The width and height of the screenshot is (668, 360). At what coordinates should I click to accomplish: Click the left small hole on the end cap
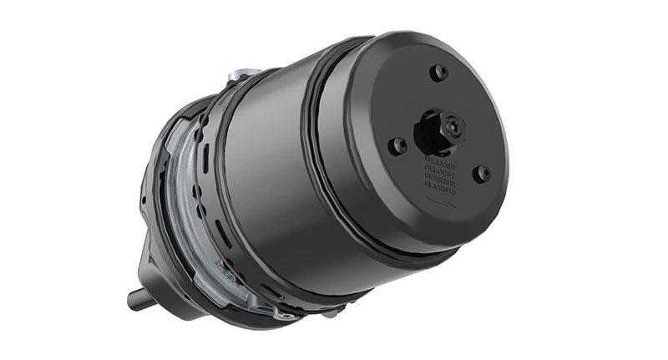pyautogui.click(x=398, y=145)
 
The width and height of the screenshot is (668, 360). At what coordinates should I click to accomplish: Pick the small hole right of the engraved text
pyautogui.click(x=481, y=174)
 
